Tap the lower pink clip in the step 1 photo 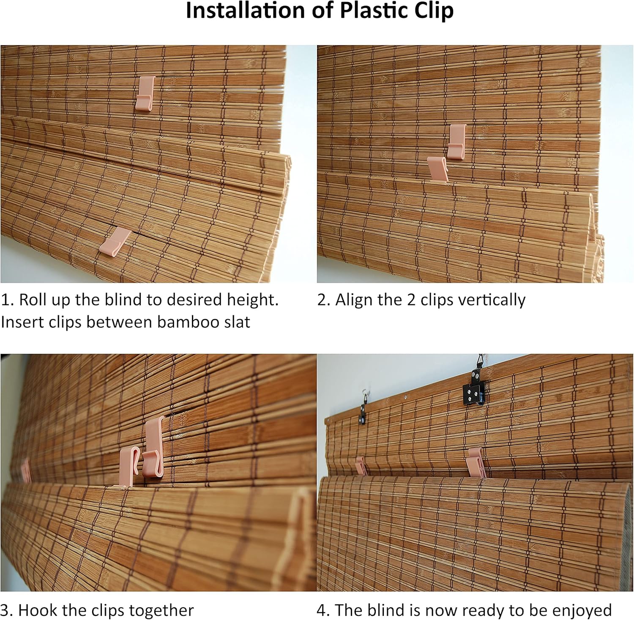[x=115, y=241]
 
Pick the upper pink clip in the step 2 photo [x=456, y=141]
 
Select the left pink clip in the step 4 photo [x=361, y=465]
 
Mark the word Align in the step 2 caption [x=354, y=300]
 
